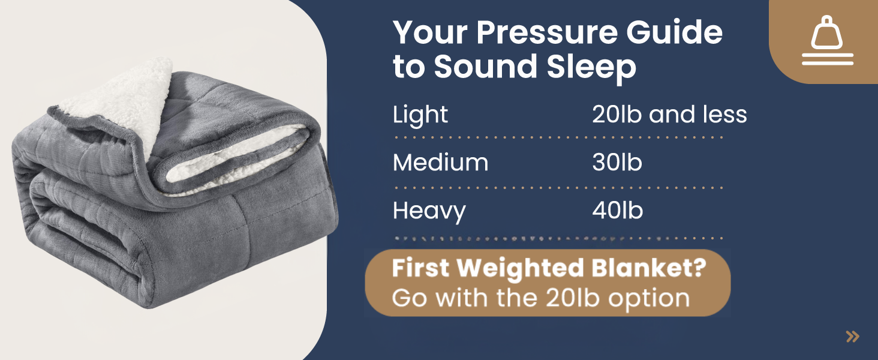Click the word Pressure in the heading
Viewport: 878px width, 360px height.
pos(548,32)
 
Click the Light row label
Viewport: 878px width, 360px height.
pos(420,115)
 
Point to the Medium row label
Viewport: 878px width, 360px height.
pos(441,163)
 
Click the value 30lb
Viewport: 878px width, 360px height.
pos(617,162)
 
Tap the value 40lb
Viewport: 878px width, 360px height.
pos(617,210)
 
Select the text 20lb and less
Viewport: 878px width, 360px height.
pos(669,114)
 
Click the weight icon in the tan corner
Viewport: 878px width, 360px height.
pos(827,33)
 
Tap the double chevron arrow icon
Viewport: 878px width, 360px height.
pos(853,337)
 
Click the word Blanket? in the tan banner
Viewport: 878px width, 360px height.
pos(649,268)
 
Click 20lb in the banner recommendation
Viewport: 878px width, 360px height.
pos(573,298)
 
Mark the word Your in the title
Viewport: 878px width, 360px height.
pos(431,32)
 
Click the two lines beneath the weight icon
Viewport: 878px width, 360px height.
pos(828,59)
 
